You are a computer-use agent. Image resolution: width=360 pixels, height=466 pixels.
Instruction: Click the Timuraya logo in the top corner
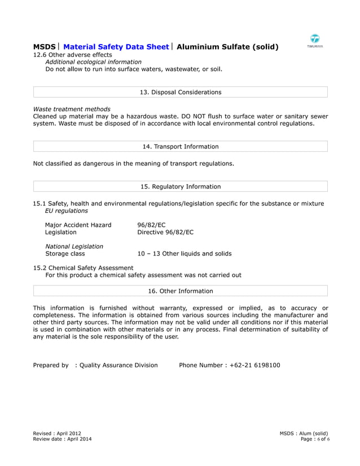click(315, 40)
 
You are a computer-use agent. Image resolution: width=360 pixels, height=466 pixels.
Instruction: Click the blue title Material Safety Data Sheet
click(116, 47)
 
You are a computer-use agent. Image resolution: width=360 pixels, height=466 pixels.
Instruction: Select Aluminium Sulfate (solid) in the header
click(227, 47)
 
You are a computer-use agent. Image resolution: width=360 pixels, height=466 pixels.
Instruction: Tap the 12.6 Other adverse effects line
click(72, 55)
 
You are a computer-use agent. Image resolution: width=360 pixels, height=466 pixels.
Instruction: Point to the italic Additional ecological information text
click(93, 62)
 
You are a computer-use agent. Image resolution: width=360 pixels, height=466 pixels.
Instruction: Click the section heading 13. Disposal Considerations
click(180, 92)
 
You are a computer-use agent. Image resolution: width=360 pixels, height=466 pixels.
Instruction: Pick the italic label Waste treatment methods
click(72, 109)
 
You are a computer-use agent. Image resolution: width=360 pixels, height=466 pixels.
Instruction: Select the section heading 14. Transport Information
click(180, 147)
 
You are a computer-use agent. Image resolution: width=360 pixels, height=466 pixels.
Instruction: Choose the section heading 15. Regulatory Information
click(180, 187)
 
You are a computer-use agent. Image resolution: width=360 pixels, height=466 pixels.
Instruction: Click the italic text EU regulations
click(67, 210)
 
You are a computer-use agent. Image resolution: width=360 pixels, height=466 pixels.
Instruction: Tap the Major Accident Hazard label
click(78, 225)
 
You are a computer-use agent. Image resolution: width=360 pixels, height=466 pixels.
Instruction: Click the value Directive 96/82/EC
click(165, 232)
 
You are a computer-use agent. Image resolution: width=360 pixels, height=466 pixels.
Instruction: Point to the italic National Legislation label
click(74, 247)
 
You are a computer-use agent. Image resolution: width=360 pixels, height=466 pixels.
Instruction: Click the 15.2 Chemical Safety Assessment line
click(83, 268)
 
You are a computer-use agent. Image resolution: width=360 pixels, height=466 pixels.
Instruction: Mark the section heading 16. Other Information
click(180, 291)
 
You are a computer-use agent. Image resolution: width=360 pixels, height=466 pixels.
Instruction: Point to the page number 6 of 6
click(322, 439)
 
